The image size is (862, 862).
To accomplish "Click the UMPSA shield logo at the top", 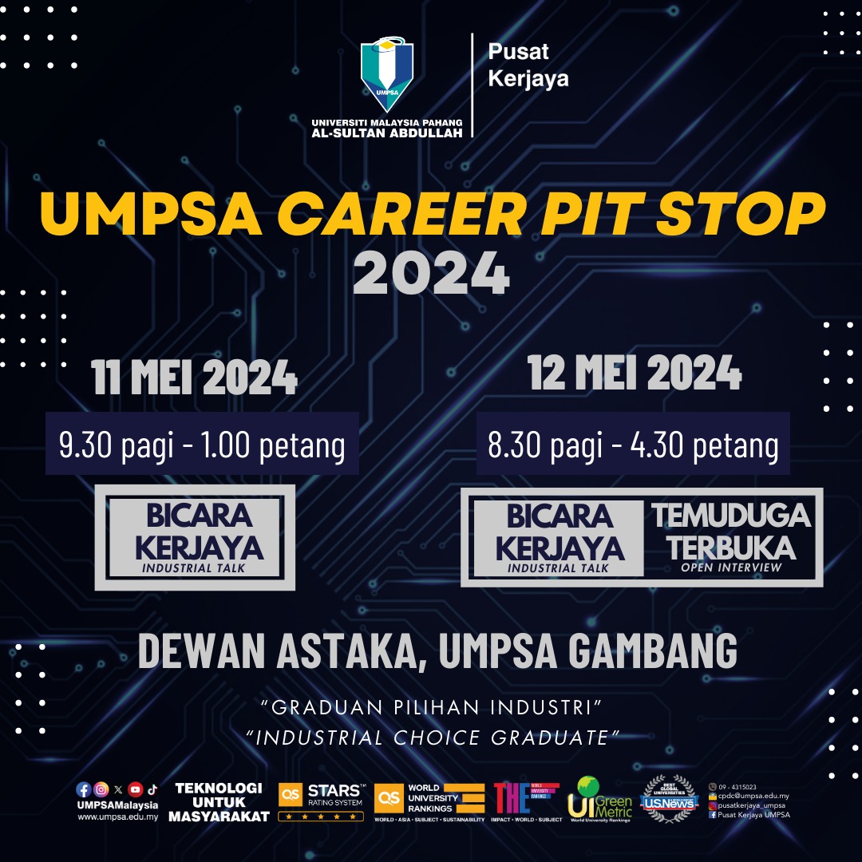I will pyautogui.click(x=387, y=76).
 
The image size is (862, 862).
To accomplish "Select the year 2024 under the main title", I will pyautogui.click(x=431, y=274).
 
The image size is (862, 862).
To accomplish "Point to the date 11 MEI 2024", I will pyautogui.click(x=195, y=378).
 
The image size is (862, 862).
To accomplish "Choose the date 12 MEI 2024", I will pyautogui.click(x=635, y=373).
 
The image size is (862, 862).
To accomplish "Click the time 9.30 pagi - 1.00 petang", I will pyautogui.click(x=202, y=445).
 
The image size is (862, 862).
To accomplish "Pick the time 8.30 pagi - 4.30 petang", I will pyautogui.click(x=633, y=445).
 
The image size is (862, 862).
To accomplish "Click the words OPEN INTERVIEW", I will pyautogui.click(x=731, y=567).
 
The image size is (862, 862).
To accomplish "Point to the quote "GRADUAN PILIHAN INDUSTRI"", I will pyautogui.click(x=431, y=707).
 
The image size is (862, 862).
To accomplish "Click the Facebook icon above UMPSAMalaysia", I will pyautogui.click(x=83, y=789).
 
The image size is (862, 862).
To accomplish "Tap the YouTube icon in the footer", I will pyautogui.click(x=136, y=789).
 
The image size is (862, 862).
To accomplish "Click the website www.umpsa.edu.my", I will pyautogui.click(x=117, y=817).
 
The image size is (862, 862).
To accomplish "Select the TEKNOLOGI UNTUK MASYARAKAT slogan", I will pyautogui.click(x=219, y=802).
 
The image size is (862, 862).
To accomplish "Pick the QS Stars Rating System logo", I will pyautogui.click(x=321, y=801).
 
